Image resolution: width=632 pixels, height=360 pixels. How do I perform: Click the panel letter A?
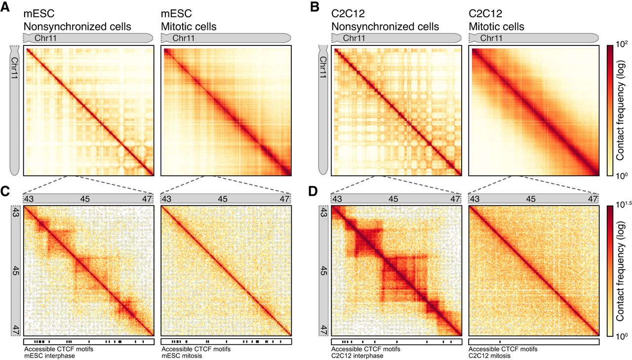point(5,6)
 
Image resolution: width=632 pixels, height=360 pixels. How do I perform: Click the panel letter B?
point(315,6)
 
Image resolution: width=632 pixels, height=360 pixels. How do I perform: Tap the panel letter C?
point(5,191)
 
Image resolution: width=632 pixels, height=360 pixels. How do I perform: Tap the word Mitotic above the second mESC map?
point(174,27)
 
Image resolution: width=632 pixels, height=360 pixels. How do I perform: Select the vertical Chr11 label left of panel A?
point(14,68)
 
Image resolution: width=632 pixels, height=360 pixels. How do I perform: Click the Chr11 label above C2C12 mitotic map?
point(491,38)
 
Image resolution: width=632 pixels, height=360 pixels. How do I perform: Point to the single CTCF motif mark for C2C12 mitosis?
point(500,342)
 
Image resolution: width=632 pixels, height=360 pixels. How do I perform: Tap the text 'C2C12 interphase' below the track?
point(357,356)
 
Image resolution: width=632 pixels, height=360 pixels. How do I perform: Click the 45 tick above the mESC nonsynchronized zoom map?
point(84,199)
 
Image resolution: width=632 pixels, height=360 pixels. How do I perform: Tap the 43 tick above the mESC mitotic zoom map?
point(166,199)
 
